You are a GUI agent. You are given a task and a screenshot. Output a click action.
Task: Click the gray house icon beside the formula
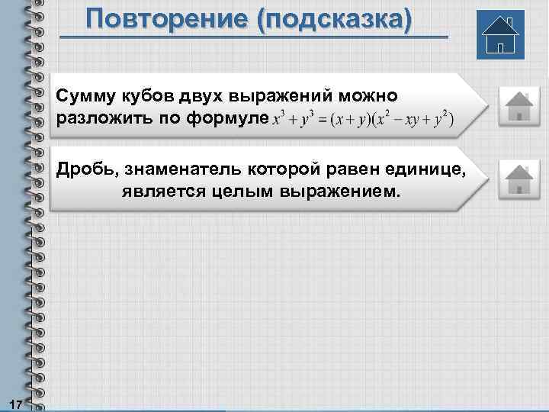[x=518, y=105]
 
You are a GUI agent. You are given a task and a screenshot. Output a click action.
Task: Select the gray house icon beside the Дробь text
[x=518, y=179]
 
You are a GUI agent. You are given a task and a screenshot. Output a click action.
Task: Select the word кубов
[x=148, y=96]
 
